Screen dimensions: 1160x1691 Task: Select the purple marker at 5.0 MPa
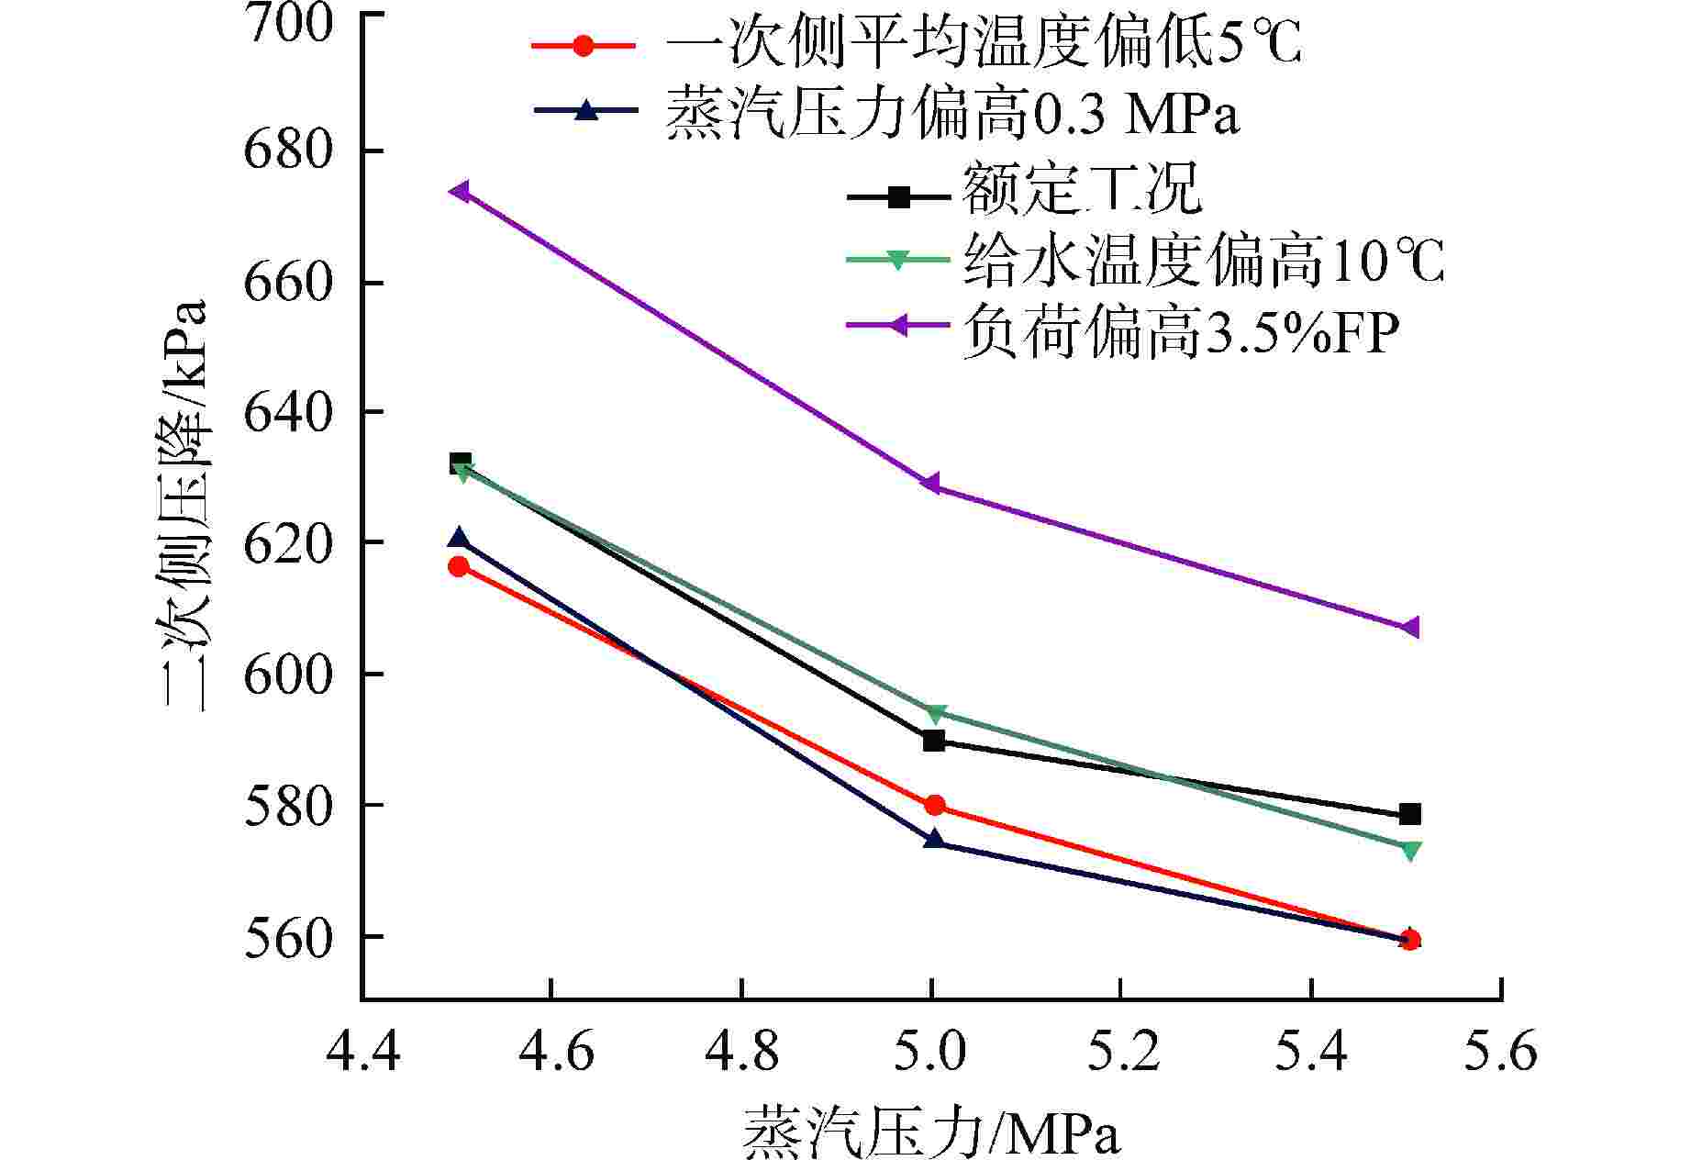932,484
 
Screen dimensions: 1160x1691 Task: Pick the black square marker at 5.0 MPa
934,741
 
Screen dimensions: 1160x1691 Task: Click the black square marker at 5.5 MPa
1410,814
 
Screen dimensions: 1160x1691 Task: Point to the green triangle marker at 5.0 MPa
935,714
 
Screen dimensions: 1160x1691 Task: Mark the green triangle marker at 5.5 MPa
1411,851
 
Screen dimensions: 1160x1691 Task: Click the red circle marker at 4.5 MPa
459,566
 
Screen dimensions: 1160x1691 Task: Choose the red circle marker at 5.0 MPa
935,806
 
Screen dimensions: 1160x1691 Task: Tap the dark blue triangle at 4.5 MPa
459,539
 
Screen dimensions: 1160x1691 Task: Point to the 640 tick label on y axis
287,413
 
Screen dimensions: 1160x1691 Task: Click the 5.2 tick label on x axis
1121,1051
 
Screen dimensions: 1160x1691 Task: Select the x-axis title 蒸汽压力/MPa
930,1132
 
